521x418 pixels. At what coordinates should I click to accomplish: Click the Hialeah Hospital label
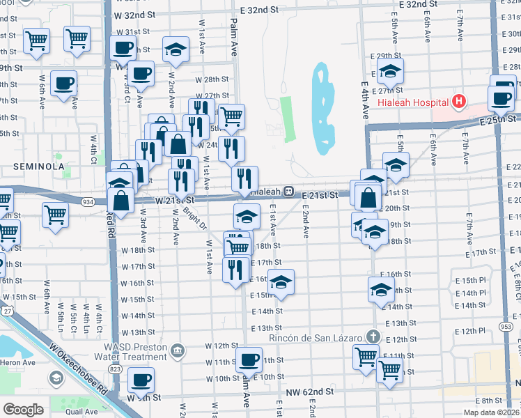(412, 102)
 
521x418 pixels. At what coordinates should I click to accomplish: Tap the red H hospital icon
(458, 102)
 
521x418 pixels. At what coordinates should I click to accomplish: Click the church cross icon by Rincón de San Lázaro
(373, 337)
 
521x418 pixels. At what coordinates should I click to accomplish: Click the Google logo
(23, 409)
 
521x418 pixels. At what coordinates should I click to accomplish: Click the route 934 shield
(88, 201)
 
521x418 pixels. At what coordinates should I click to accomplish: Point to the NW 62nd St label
(311, 392)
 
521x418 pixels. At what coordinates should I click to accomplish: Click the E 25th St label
(496, 121)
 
